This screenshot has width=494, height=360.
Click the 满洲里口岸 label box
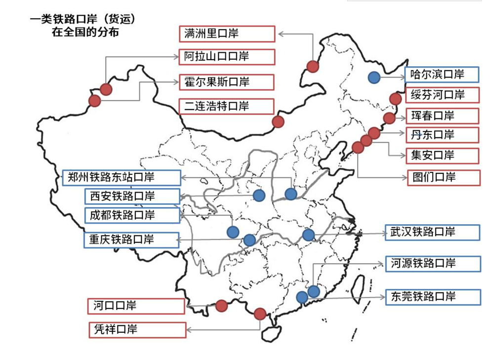click(226, 34)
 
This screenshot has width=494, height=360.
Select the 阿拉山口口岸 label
click(226, 56)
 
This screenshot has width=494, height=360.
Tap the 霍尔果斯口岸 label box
click(226, 81)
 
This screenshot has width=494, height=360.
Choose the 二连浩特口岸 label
click(226, 106)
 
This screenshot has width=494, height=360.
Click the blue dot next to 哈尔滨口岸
click(374, 77)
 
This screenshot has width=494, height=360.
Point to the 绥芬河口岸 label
click(442, 94)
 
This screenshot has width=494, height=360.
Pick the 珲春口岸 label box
click(442, 116)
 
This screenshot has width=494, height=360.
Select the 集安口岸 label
click(442, 155)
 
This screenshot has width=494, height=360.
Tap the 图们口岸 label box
click(442, 177)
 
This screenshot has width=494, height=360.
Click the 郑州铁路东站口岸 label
click(122, 178)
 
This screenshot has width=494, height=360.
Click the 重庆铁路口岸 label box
click(131, 240)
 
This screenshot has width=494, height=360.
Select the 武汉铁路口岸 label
click(432, 232)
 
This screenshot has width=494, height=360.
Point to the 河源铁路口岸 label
click(433, 264)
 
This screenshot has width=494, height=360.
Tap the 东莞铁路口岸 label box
click(433, 297)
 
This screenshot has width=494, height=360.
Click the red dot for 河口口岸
click(221, 306)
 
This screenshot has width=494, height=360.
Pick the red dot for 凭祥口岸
click(260, 313)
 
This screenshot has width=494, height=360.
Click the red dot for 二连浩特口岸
click(278, 121)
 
